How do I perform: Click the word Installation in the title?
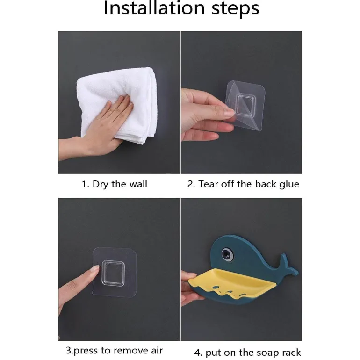pos(154,8)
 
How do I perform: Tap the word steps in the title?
pos(235,9)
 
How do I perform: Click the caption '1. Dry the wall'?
pos(115,184)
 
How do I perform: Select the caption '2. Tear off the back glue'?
pos(243,184)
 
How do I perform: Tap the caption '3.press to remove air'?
pos(115,350)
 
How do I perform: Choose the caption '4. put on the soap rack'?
pos(247,352)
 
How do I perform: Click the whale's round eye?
pos(228,254)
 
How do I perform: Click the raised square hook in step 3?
pos(113,273)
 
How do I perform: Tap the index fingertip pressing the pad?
pos(95,269)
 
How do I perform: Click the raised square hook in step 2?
pos(245,105)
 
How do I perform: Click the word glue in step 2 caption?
pos(289,185)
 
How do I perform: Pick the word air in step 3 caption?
pos(157,350)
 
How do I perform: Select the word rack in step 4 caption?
pos(291,352)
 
